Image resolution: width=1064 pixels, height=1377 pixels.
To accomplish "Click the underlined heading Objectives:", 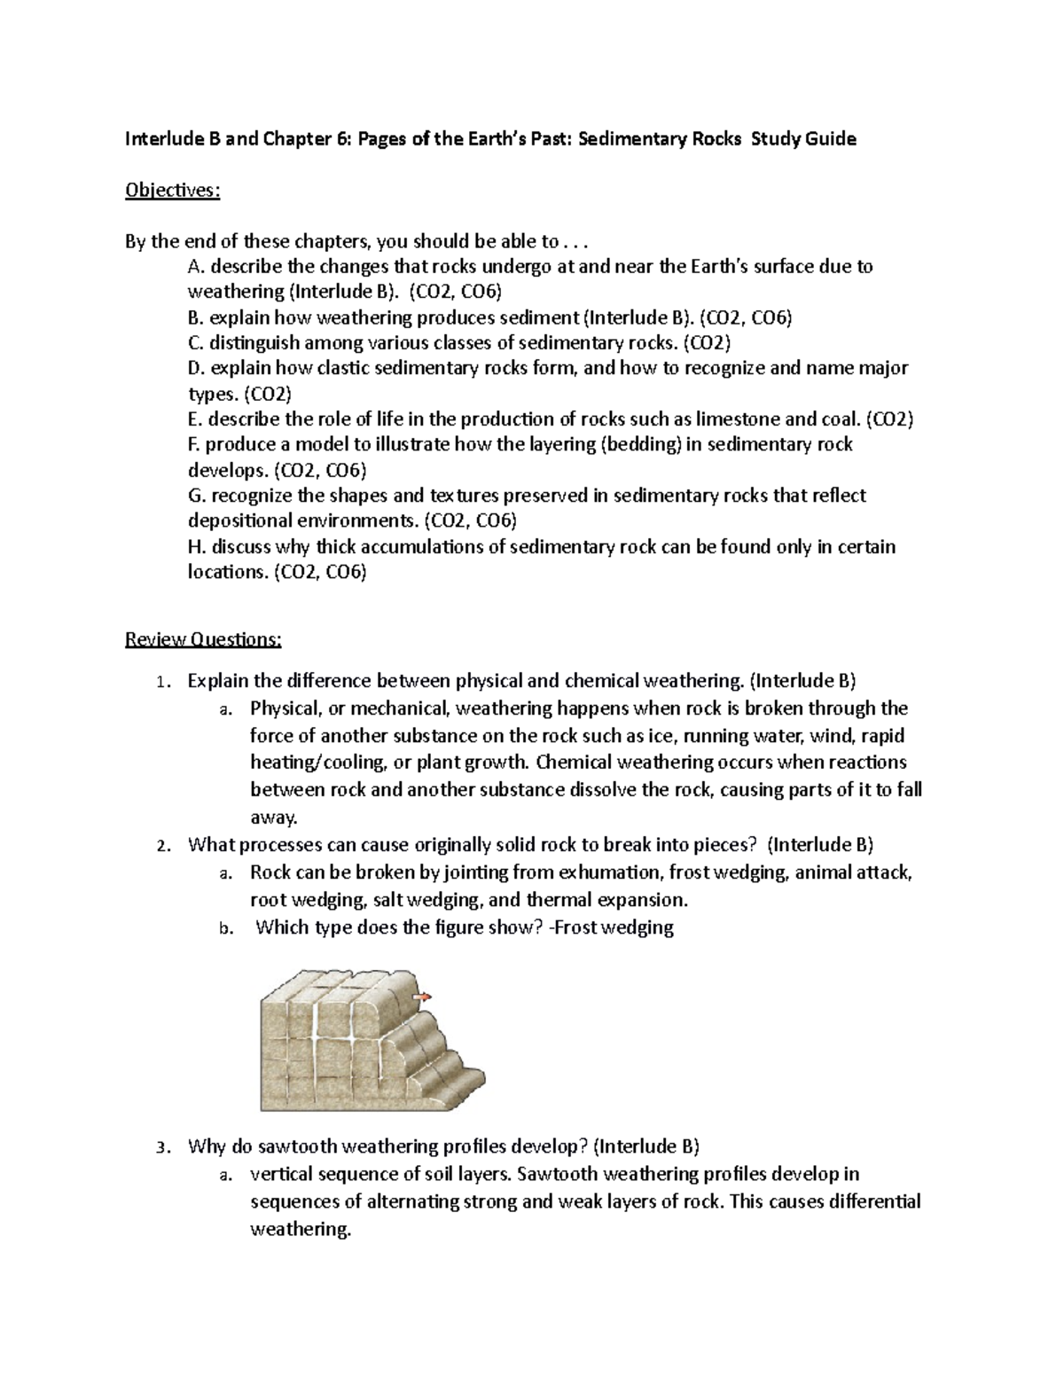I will [x=172, y=191].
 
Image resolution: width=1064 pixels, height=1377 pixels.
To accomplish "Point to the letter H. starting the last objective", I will [x=197, y=546].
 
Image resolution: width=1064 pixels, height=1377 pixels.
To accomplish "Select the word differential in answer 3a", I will [x=875, y=1201].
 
